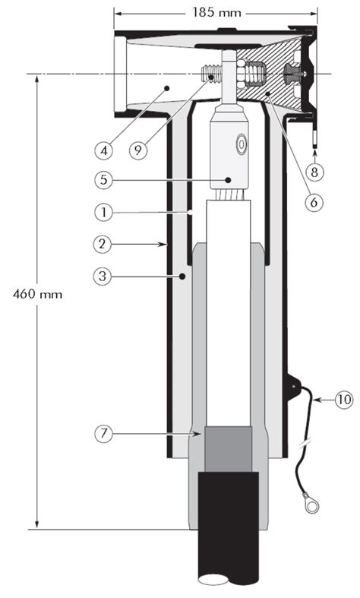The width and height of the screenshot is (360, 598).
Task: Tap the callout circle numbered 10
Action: click(x=343, y=396)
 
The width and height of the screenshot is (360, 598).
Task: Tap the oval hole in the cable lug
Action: click(x=242, y=143)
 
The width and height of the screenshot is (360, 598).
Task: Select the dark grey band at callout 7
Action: click(x=226, y=450)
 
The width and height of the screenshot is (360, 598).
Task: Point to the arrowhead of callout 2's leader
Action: click(x=166, y=245)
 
